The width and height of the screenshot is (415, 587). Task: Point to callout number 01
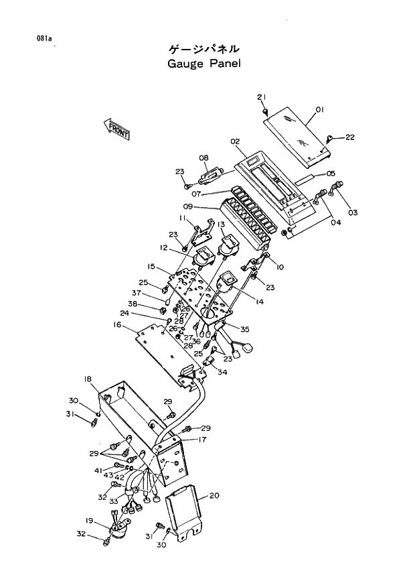coord(319,109)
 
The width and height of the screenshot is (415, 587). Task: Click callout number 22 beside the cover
coord(349,137)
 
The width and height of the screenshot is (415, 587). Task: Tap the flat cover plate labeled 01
coord(297,138)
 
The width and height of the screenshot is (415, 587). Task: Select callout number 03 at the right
coord(352,212)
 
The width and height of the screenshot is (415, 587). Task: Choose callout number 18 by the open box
coord(88,379)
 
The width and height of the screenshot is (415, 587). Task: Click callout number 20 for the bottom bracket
coord(214,496)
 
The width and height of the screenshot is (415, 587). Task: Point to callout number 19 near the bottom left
coord(88,520)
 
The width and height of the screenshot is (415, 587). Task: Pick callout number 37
coord(136,293)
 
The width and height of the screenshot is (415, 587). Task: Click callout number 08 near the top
coord(204,158)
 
